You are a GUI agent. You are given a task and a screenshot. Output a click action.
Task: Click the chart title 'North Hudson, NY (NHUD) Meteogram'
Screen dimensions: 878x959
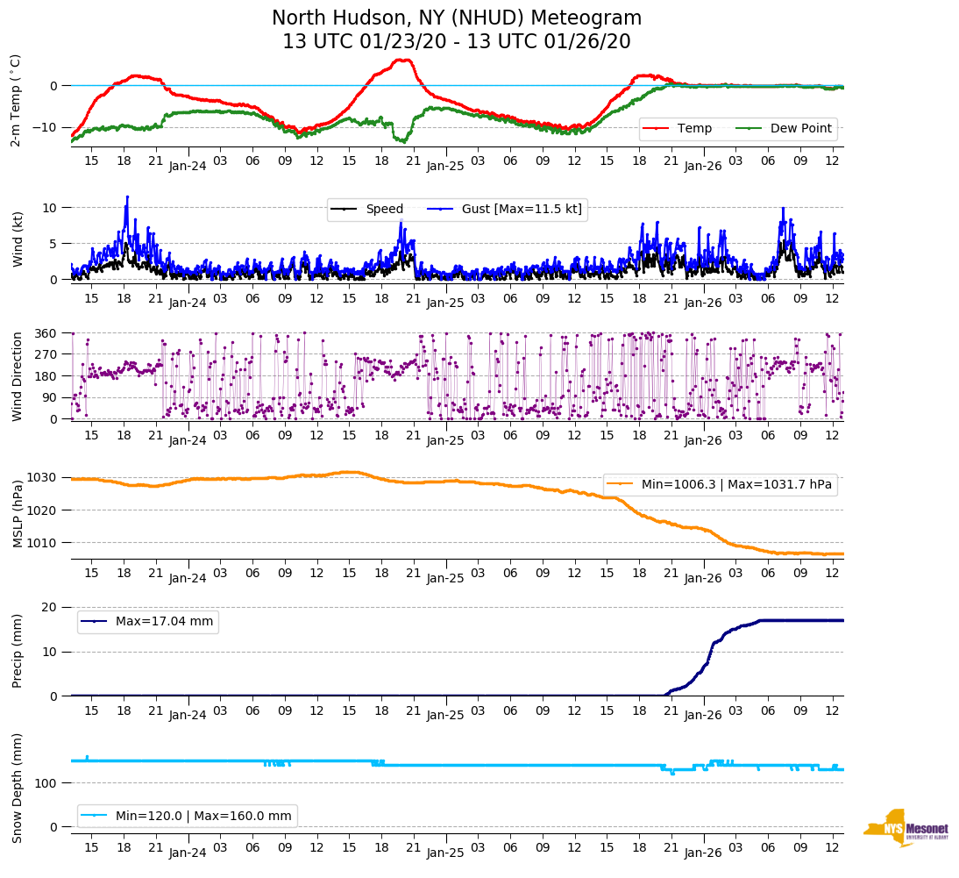(x=456, y=18)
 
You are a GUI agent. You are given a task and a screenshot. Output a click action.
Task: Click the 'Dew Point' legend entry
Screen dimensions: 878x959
(x=800, y=128)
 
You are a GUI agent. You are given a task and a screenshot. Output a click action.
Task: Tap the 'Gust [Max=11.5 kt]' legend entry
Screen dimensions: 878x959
(x=522, y=209)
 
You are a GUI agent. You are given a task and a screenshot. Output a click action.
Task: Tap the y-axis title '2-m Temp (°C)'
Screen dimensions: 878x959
(x=16, y=100)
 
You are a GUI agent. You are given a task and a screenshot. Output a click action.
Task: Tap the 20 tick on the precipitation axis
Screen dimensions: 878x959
(x=51, y=607)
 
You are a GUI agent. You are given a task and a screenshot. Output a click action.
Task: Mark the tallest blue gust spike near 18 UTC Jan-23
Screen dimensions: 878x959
(x=127, y=197)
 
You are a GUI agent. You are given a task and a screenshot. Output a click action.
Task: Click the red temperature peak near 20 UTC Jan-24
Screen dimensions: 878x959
(x=403, y=60)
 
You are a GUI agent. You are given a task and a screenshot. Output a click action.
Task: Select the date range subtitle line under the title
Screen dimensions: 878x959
(x=456, y=41)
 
